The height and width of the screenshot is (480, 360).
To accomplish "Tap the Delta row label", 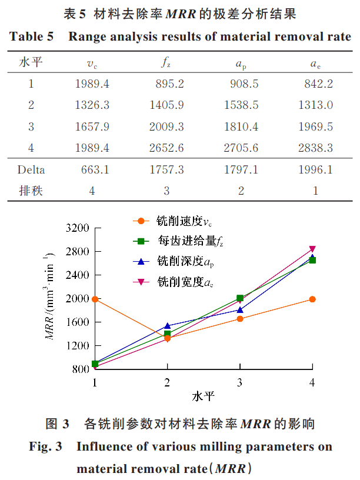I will click(31, 170).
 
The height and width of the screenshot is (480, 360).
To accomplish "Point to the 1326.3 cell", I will click(92, 105).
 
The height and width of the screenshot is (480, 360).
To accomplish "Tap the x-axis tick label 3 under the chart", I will click(239, 382).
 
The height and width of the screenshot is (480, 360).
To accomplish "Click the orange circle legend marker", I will click(140, 221).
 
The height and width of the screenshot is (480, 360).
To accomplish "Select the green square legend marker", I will click(140, 241).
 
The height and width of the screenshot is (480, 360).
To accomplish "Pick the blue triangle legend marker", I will click(140, 259).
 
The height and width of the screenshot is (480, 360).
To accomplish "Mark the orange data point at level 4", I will click(312, 299).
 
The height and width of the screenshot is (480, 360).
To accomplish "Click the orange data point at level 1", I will click(95, 299).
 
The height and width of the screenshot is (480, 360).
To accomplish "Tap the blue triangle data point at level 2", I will click(168, 325).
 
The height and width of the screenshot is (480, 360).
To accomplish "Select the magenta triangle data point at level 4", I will click(312, 249).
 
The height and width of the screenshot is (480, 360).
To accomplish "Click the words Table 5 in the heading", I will click(32, 36).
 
